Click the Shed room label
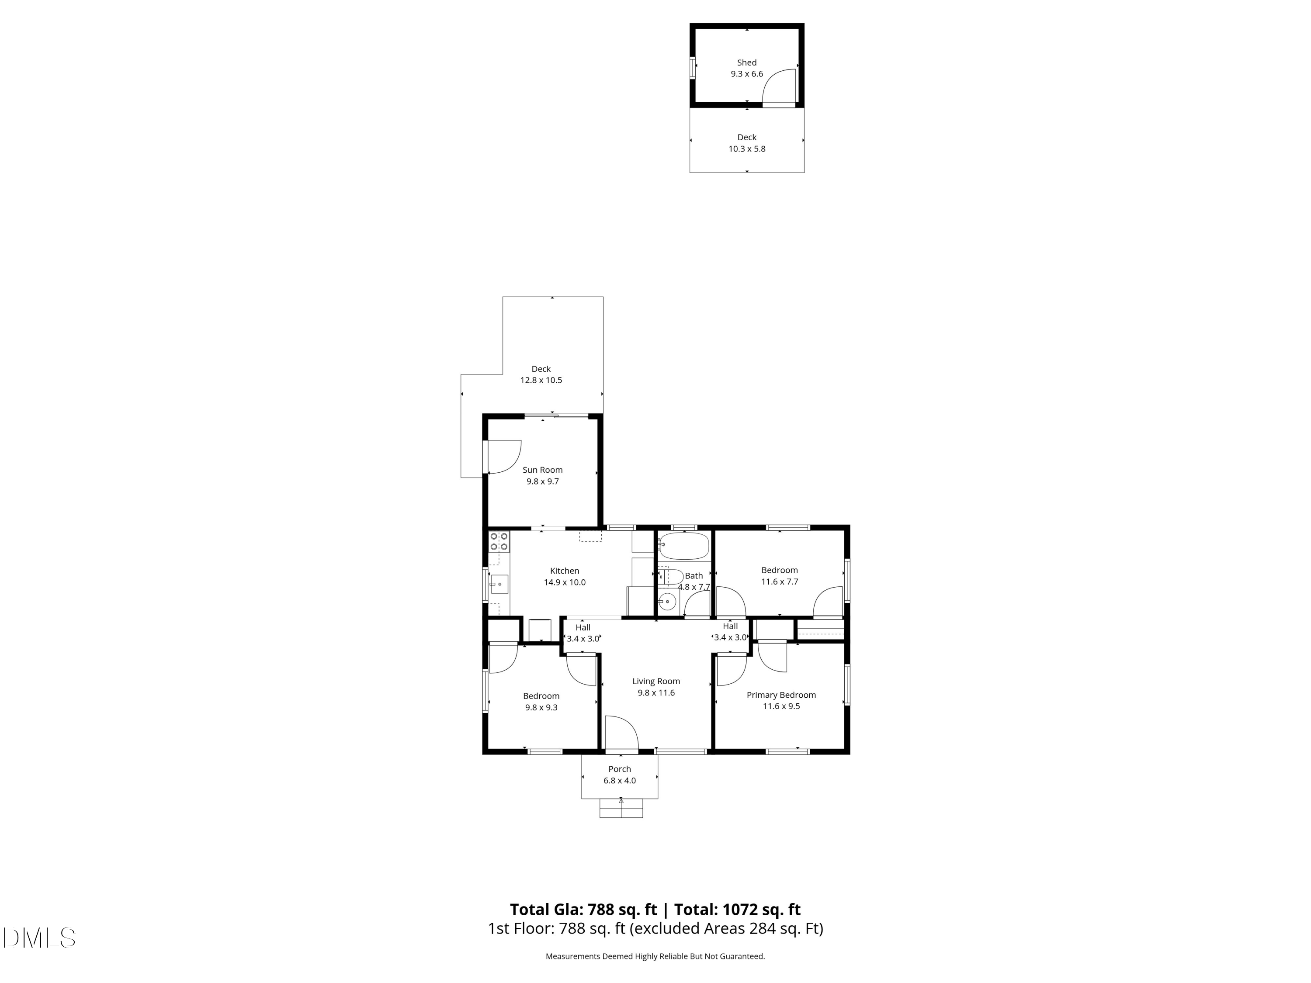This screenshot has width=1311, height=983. (x=746, y=62)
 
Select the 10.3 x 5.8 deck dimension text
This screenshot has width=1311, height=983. (x=747, y=149)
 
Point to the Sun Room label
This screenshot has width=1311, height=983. (x=542, y=470)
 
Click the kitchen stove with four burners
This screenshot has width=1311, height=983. (x=499, y=541)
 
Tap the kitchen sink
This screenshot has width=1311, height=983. (x=499, y=584)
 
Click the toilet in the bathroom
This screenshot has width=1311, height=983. (x=670, y=577)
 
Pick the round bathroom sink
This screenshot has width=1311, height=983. (x=667, y=602)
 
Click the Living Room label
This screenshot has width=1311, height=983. (x=655, y=682)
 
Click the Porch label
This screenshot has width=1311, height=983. (x=619, y=769)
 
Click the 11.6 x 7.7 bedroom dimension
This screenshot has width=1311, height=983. (x=779, y=582)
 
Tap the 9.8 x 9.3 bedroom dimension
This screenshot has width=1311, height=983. (x=541, y=707)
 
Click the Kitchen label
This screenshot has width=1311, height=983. (x=564, y=571)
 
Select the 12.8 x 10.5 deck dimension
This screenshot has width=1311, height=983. (x=541, y=381)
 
